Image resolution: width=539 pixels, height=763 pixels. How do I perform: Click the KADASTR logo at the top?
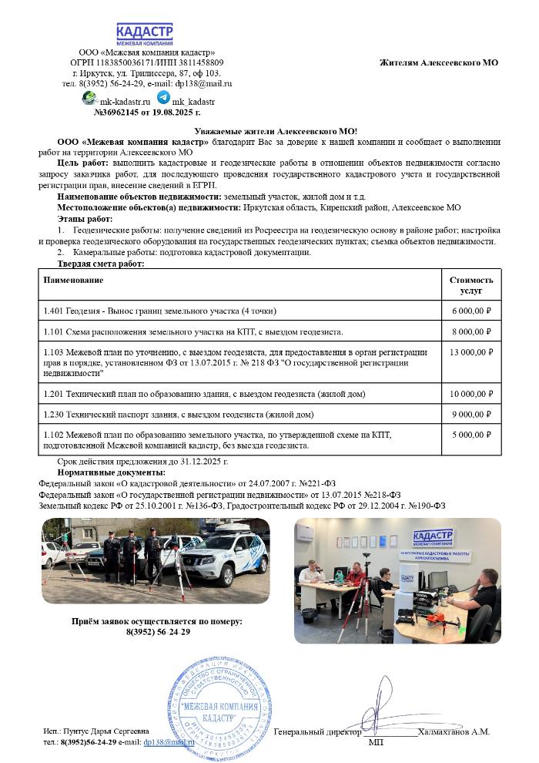click(145, 34)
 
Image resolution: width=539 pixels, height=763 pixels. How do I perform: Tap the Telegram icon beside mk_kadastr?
click(163, 98)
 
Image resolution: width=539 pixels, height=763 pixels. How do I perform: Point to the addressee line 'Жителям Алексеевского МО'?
click(439, 62)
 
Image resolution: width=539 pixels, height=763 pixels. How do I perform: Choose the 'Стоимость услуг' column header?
click(471, 285)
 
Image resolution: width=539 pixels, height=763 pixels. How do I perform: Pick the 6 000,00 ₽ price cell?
click(471, 311)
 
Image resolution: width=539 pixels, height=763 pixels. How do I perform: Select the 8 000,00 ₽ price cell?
click(471, 332)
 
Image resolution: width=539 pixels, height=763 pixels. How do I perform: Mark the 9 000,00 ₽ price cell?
click(471, 415)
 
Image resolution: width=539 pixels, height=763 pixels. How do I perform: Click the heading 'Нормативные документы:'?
click(111, 472)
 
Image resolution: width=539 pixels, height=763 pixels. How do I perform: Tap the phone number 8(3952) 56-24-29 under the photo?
click(157, 632)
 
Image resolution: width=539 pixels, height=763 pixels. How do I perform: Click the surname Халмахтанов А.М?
click(454, 731)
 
